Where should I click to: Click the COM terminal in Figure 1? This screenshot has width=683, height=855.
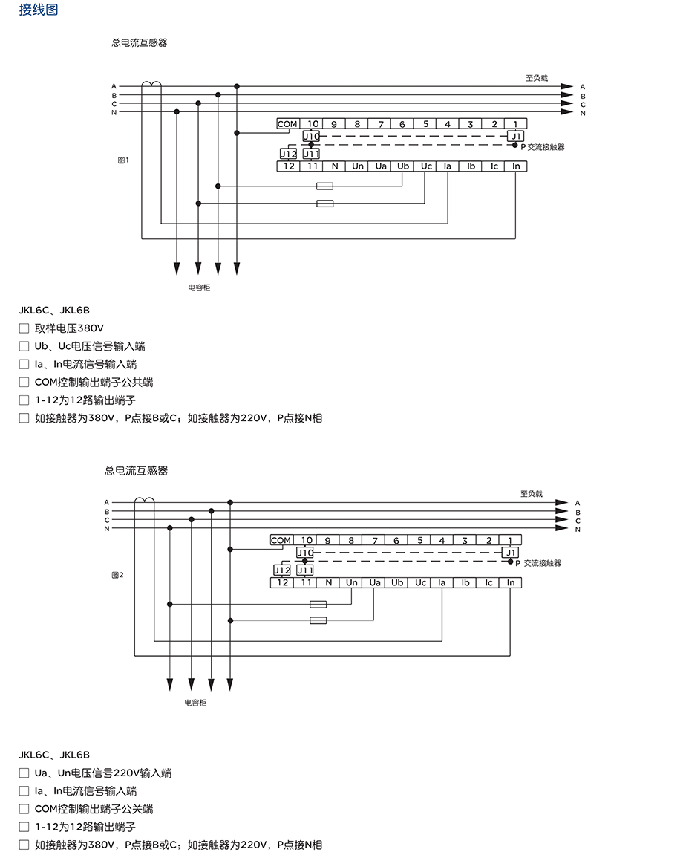(x=287, y=124)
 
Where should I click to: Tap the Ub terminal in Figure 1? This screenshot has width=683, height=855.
(x=403, y=166)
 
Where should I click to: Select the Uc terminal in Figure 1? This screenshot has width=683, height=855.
(x=426, y=166)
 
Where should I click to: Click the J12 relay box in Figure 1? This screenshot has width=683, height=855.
(x=288, y=154)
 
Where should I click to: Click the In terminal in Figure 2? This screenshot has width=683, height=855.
(x=511, y=583)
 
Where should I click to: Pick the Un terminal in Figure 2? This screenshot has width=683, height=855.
(x=352, y=583)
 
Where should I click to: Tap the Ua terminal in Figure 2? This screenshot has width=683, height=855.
(x=375, y=583)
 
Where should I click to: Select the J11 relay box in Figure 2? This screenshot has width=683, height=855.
(x=305, y=570)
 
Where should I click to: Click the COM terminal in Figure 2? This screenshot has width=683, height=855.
(x=281, y=541)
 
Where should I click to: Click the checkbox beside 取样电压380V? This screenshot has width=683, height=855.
(x=24, y=328)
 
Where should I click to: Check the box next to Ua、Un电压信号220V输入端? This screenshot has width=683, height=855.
(x=24, y=773)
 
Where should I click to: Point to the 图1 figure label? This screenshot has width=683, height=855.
(x=124, y=160)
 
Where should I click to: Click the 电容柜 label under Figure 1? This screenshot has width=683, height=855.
(x=199, y=287)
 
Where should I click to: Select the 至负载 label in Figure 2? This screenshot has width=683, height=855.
(x=531, y=493)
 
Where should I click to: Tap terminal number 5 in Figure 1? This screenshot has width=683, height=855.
(x=425, y=124)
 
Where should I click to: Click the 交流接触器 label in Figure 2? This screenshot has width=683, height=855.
(x=542, y=564)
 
